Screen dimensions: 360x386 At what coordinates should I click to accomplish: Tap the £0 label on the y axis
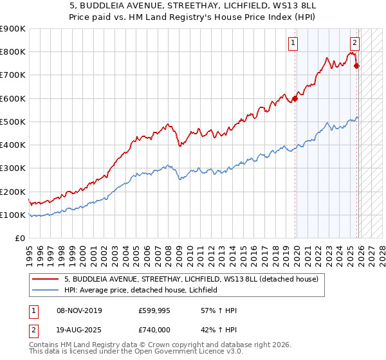tap(20, 239)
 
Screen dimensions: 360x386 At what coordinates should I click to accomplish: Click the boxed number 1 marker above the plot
tap(293, 43)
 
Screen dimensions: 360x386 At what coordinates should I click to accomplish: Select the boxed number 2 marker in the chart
tap(354, 43)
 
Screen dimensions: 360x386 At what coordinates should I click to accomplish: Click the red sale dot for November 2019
tap(295, 98)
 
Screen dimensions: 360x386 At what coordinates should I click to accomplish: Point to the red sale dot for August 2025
tap(357, 66)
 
